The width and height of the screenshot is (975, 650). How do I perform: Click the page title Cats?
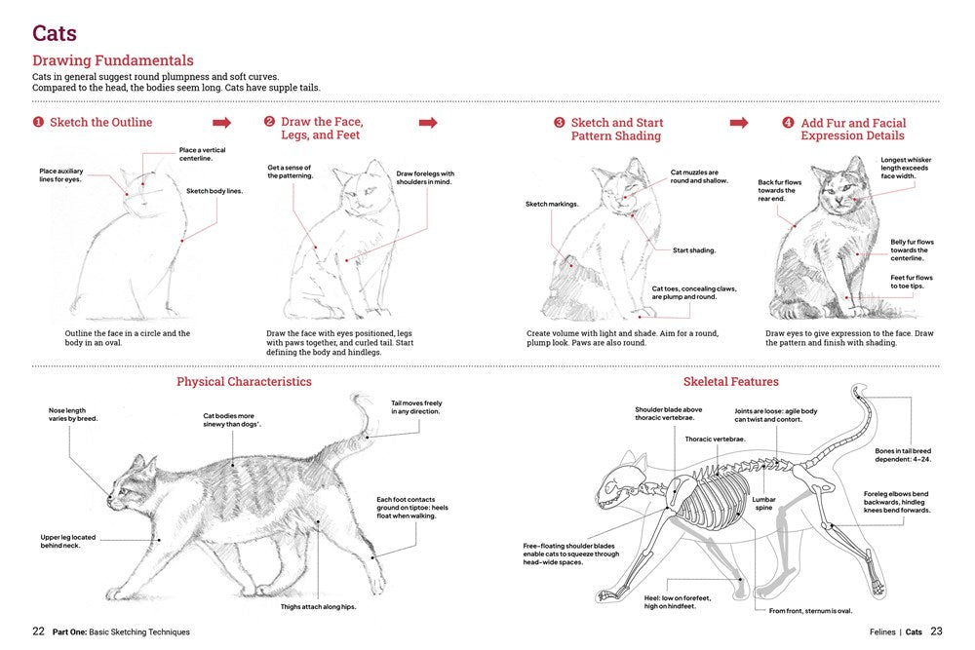tap(55, 33)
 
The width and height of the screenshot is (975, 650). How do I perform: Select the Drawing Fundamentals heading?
tap(113, 60)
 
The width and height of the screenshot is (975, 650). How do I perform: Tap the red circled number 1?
tap(38, 123)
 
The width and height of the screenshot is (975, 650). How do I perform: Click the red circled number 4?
tap(788, 123)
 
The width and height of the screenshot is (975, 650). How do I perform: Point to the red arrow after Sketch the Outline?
tap(222, 123)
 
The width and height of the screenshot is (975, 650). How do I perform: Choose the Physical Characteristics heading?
tap(244, 382)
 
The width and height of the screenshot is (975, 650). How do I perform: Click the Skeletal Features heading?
tap(731, 382)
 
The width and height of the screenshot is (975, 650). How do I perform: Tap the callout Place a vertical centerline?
tap(202, 154)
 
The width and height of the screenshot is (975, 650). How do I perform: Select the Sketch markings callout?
tap(552, 205)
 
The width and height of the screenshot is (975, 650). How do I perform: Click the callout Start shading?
tap(694, 250)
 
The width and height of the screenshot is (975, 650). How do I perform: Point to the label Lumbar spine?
tap(763, 504)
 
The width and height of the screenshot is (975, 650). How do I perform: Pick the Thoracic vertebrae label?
tap(715, 440)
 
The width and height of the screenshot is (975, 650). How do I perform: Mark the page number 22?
tap(38, 631)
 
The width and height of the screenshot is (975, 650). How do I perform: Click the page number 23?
tap(936, 631)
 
